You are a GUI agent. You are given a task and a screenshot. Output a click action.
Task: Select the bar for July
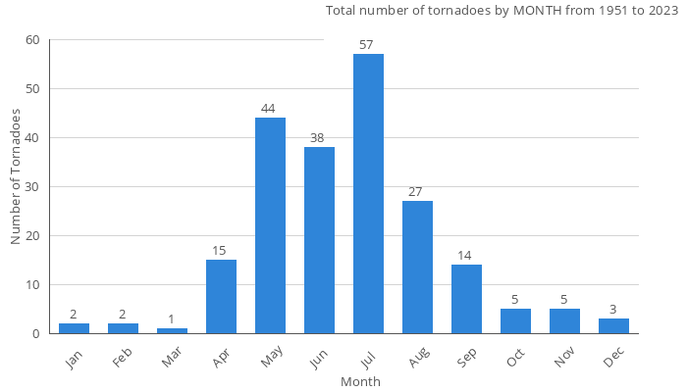pyautogui.click(x=368, y=194)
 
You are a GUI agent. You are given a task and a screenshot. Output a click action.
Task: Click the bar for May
pyautogui.click(x=270, y=225)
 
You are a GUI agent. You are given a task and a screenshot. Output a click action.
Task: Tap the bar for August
pyautogui.click(x=417, y=267)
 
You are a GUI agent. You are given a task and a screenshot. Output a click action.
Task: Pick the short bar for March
pyautogui.click(x=172, y=330)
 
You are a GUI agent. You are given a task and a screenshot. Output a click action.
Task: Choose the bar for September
pyautogui.click(x=466, y=299)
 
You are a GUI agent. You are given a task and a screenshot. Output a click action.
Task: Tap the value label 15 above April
pyautogui.click(x=221, y=252)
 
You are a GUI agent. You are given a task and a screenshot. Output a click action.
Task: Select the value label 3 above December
pyautogui.click(x=613, y=311)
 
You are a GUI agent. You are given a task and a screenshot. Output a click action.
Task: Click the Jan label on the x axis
pyautogui.click(x=74, y=359)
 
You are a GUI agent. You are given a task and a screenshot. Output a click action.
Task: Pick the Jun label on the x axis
pyautogui.click(x=319, y=359)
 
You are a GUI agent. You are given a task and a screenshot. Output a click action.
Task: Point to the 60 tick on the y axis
pyautogui.click(x=33, y=40)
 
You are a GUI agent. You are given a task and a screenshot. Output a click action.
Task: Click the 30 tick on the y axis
pyautogui.click(x=33, y=187)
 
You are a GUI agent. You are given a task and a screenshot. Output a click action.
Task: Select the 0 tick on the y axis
pyautogui.click(x=36, y=334)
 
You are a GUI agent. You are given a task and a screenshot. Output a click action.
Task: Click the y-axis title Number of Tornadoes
pyautogui.click(x=16, y=176)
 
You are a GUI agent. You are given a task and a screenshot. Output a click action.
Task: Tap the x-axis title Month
pyautogui.click(x=360, y=381)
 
